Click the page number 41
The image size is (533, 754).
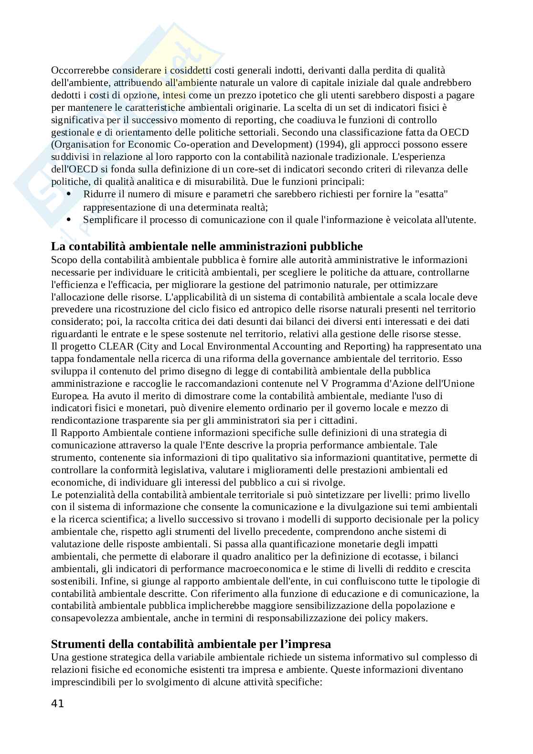(57, 703)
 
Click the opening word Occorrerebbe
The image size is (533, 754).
(80, 70)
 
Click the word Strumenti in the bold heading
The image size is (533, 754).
(76, 644)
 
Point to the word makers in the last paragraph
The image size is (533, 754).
(411, 618)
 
